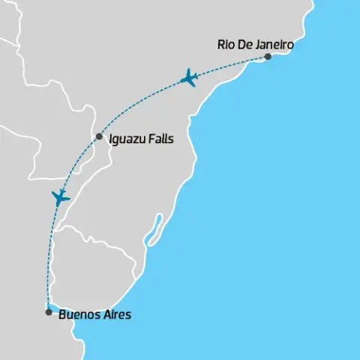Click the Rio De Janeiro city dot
click(x=268, y=56)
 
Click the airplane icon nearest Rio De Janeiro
click(x=189, y=77)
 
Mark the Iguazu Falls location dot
click(x=99, y=137)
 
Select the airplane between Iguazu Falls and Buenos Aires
click(x=61, y=197)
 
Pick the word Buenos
click(x=78, y=315)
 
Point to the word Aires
click(x=116, y=315)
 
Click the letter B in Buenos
click(x=61, y=315)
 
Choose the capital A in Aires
click(x=106, y=315)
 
